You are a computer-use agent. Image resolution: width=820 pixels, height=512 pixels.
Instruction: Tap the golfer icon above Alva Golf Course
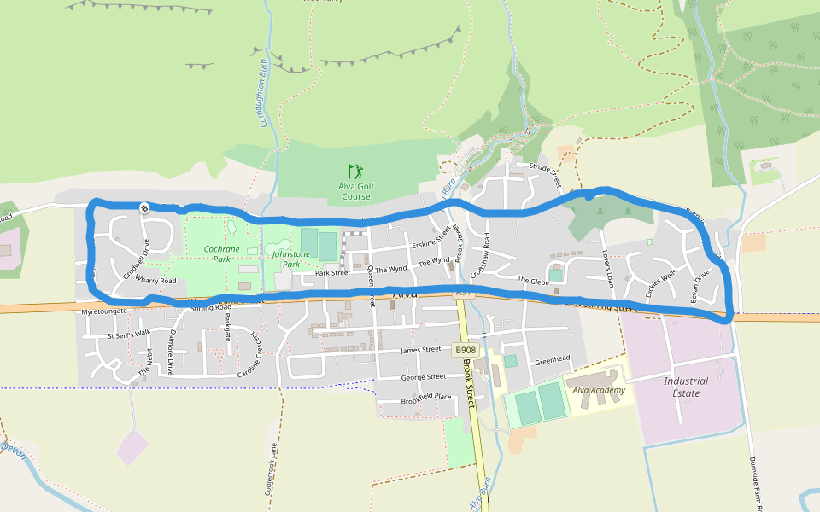point(355,171)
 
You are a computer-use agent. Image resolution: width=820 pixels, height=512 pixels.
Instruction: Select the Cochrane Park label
point(221,253)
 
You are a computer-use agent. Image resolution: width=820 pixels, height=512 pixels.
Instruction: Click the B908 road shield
point(465,350)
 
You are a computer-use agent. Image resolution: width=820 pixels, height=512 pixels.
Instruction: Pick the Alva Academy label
point(600,390)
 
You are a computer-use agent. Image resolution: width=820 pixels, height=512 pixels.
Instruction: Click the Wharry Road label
point(155,280)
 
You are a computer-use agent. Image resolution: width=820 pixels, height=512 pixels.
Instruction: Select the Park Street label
point(333,273)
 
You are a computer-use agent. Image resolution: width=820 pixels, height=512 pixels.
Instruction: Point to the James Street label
point(420,350)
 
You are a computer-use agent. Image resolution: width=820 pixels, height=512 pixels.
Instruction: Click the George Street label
point(424,376)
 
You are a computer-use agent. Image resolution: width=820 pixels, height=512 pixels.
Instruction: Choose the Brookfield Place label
point(426,397)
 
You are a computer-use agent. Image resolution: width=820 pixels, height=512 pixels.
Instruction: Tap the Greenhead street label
point(552,359)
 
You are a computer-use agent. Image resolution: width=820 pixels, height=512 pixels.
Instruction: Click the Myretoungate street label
point(104,312)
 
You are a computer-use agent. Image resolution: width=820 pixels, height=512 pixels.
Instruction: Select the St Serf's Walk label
point(129,335)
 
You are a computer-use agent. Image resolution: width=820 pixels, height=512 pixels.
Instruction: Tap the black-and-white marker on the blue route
point(144,207)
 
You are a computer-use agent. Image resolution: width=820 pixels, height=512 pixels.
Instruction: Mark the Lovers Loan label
point(608,266)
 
